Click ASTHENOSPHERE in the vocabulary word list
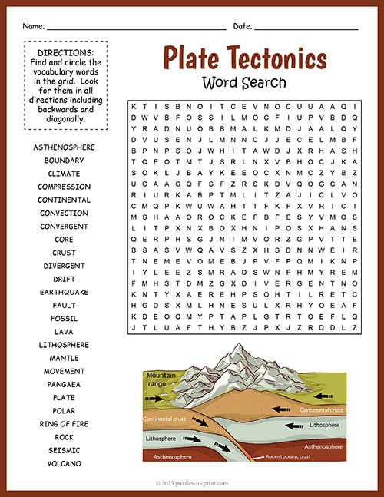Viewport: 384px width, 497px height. click(x=65, y=147)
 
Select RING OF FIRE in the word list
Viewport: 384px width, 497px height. click(x=65, y=424)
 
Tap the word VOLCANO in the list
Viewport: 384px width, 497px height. click(x=65, y=463)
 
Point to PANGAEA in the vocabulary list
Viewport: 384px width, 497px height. click(x=65, y=384)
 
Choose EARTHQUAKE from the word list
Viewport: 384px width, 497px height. click(x=65, y=292)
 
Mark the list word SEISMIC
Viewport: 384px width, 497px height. click(x=65, y=450)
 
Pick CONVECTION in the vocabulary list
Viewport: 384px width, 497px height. click(x=65, y=213)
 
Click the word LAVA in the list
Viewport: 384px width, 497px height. click(x=65, y=332)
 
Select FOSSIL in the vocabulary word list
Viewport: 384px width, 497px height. click(x=65, y=318)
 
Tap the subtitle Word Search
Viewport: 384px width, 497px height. click(x=244, y=82)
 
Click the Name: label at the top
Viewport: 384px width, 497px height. click(x=33, y=26)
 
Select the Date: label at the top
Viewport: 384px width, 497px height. click(x=243, y=26)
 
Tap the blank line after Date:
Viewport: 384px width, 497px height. click(x=306, y=28)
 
